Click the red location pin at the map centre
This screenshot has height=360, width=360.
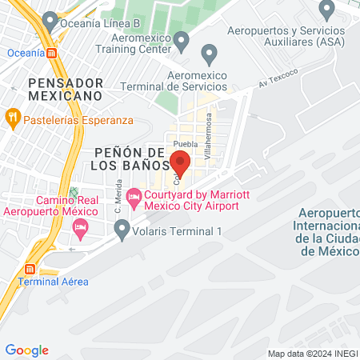coord(180,163)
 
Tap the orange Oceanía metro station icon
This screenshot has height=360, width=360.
coord(52,53)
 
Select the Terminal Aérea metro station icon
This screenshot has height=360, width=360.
coord(31,268)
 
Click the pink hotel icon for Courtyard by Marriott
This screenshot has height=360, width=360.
coord(134,195)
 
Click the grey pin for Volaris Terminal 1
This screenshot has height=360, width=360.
coord(122,231)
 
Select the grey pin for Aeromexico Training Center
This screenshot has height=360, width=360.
coord(182,39)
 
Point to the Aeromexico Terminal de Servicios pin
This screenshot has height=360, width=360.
coord(210,55)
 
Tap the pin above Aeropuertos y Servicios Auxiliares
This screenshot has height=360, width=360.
coord(326,10)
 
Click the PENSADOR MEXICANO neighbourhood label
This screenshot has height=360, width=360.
coord(64,89)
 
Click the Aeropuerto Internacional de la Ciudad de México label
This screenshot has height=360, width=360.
coord(329,231)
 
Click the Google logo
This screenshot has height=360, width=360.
coord(26,350)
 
